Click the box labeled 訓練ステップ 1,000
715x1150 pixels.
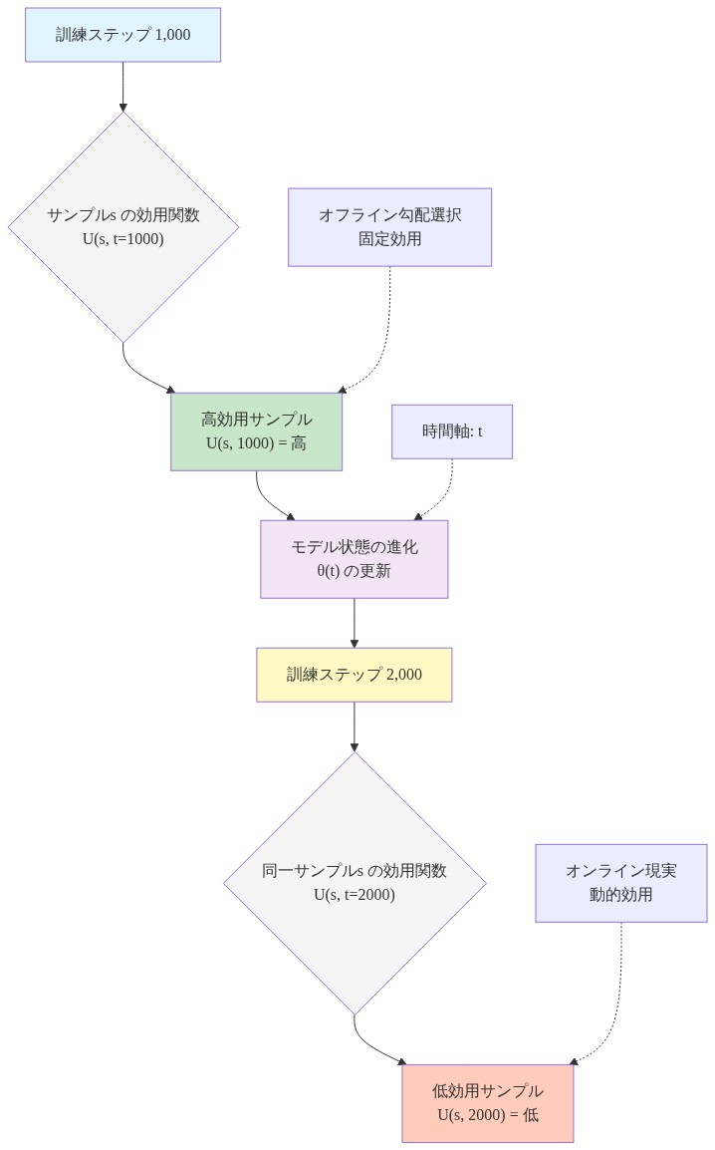pyautogui.click(x=122, y=35)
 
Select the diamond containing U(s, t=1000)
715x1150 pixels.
pyautogui.click(x=123, y=226)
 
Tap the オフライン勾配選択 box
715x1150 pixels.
pyautogui.click(x=389, y=227)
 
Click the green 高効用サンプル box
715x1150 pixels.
pyautogui.click(x=256, y=431)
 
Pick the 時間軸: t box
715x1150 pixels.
pyautogui.click(x=451, y=431)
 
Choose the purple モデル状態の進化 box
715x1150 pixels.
pyautogui.click(x=354, y=559)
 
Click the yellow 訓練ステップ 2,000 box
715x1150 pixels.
pyautogui.click(x=354, y=675)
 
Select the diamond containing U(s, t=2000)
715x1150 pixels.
pyautogui.click(x=355, y=883)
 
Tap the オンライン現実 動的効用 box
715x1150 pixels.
pyautogui.click(x=620, y=883)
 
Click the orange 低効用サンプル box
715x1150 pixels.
pyautogui.click(x=487, y=1103)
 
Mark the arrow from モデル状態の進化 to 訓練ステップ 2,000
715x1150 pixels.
pyautogui.click(x=355, y=623)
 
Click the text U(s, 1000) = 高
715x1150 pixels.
pyautogui.click(x=256, y=443)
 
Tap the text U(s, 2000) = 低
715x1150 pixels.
pyautogui.click(x=487, y=1115)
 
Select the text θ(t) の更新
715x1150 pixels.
pyautogui.click(x=354, y=571)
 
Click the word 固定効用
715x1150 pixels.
pyautogui.click(x=389, y=239)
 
